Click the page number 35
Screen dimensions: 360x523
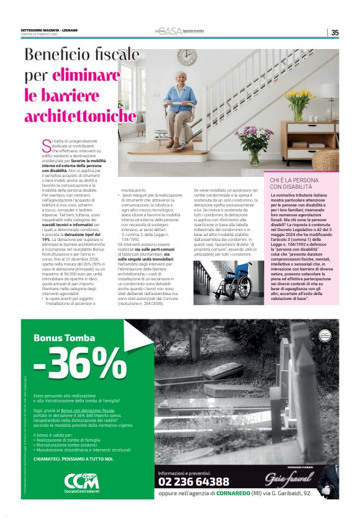335,32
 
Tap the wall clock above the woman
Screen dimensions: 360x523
186,58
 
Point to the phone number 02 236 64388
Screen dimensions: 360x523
194,481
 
